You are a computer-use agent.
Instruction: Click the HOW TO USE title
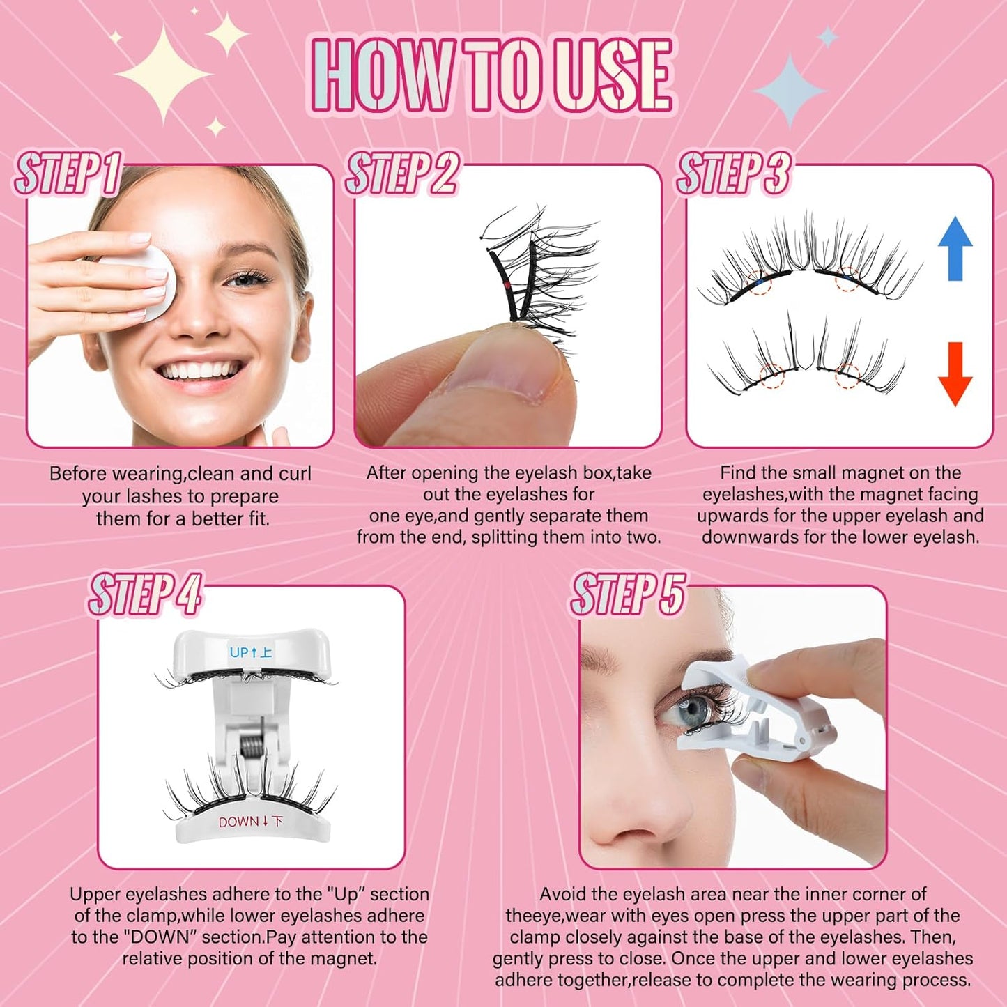(x=492, y=75)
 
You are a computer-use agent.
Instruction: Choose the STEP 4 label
(x=145, y=594)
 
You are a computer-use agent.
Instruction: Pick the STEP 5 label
(x=628, y=594)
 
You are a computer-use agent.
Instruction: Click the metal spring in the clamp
(x=254, y=753)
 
